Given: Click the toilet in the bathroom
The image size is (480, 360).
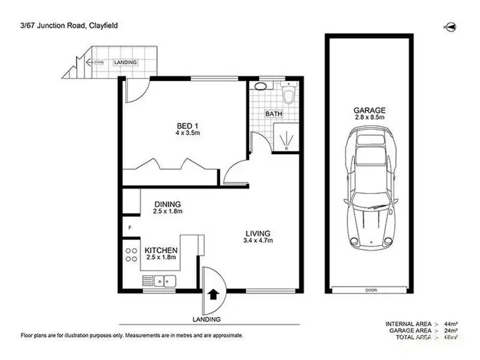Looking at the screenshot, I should [289, 95].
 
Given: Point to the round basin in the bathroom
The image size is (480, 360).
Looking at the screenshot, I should [262, 85].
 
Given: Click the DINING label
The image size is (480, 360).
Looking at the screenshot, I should [168, 205].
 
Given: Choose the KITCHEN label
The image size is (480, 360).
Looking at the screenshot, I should [160, 250].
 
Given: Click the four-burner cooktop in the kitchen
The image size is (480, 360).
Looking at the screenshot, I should [131, 253].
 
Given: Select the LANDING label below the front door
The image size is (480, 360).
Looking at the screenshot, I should [207, 319].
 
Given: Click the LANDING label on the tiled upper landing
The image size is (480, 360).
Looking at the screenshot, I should [125, 62].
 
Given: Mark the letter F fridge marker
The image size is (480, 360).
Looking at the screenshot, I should [129, 227].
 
